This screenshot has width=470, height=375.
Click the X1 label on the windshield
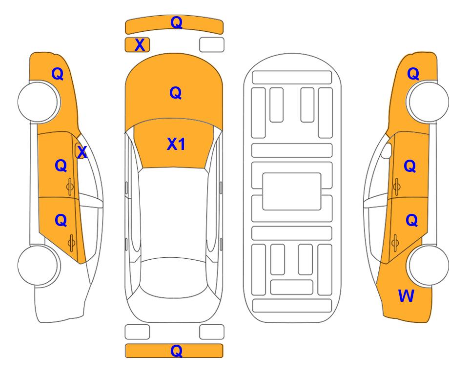pyautogui.click(x=176, y=144)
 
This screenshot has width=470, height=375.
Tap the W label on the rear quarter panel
pyautogui.click(x=406, y=295)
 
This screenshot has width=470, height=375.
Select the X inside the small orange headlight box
pyautogui.click(x=140, y=45)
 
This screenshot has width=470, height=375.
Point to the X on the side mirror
pyautogui.click(x=82, y=152)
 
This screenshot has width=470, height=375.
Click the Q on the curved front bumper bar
pyautogui.click(x=176, y=22)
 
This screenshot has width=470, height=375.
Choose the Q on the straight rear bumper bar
pyautogui.click(x=176, y=351)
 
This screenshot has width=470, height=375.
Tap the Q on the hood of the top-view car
pyautogui.click(x=176, y=93)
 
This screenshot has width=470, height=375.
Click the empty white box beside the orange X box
pyautogui.click(x=212, y=45)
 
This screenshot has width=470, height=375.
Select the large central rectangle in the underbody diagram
pyautogui.click(x=292, y=191)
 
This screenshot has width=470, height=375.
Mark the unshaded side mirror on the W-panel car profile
pyautogui.click(x=387, y=150)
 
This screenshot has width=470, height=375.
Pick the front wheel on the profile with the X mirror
pyautogui.click(x=39, y=102)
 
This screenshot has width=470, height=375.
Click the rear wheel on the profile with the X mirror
pyautogui.click(x=39, y=265)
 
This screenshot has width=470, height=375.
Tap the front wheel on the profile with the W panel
pyautogui.click(x=428, y=102)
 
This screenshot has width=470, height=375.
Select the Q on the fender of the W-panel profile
pyautogui.click(x=413, y=74)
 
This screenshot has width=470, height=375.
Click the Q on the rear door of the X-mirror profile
pyautogui.click(x=61, y=221)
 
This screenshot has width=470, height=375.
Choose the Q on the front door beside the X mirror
pyautogui.click(x=61, y=166)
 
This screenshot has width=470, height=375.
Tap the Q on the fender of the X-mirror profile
pyautogui.click(x=58, y=74)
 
